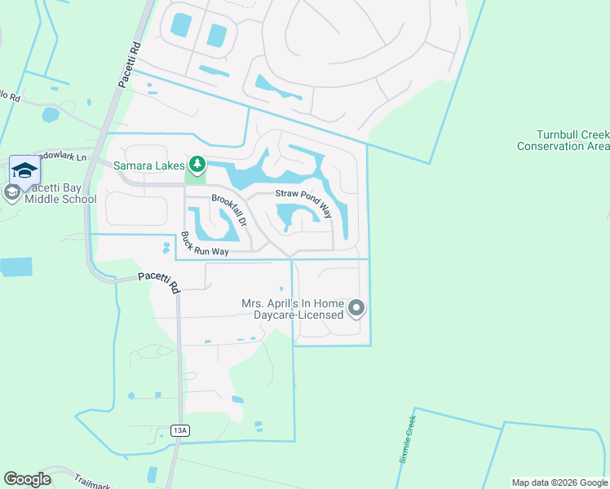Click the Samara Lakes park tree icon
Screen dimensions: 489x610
click(x=194, y=165)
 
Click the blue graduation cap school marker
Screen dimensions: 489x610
click(x=24, y=170)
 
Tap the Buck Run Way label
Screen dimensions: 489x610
click(x=204, y=244)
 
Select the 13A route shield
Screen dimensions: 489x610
click(x=180, y=430)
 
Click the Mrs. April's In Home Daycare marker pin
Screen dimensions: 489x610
click(x=356, y=308)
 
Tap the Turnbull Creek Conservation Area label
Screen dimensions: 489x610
click(x=562, y=140)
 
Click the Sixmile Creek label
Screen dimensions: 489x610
click(x=408, y=438)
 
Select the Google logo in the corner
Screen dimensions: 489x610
click(x=27, y=479)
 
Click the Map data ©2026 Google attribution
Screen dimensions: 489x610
click(x=559, y=482)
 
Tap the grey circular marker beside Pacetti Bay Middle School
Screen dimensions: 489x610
click(x=11, y=192)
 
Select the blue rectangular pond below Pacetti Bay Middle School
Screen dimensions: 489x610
click(x=16, y=267)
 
